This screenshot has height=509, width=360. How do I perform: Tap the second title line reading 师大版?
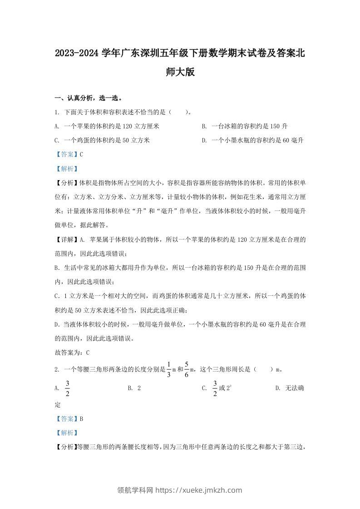[x=180, y=72]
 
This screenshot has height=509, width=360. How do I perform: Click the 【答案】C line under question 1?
[x=69, y=154]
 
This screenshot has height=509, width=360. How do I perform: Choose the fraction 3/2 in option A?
[x=68, y=388]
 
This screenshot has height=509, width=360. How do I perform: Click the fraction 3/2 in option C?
[x=215, y=388]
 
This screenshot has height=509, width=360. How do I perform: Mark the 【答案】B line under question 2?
[x=69, y=419]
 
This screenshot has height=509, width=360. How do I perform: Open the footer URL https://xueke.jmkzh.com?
[x=199, y=490]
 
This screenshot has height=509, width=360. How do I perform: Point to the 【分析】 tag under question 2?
[x=65, y=447]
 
